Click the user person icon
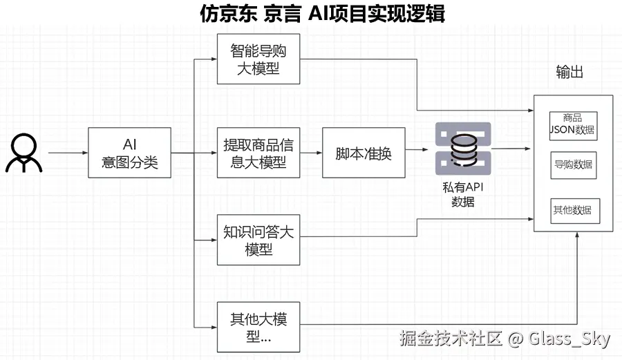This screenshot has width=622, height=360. (x=24, y=153)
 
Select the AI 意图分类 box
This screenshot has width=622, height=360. (x=129, y=153)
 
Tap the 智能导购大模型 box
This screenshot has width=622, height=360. (x=258, y=59)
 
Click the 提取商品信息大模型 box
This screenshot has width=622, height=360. (x=258, y=153)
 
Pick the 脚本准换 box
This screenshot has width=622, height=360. (x=364, y=153)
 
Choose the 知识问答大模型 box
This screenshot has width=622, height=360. (x=258, y=240)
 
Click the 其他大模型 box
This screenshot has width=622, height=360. (x=258, y=328)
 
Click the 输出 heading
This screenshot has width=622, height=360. (x=569, y=72)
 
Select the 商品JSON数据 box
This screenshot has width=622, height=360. (x=573, y=124)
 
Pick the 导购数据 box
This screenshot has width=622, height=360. (x=573, y=165)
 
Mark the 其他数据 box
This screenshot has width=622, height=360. (x=573, y=210)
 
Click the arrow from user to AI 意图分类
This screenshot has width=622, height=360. (x=68, y=153)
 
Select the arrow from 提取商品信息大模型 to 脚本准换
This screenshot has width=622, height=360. (x=311, y=153)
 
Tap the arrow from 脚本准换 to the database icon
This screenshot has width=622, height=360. (x=415, y=149)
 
